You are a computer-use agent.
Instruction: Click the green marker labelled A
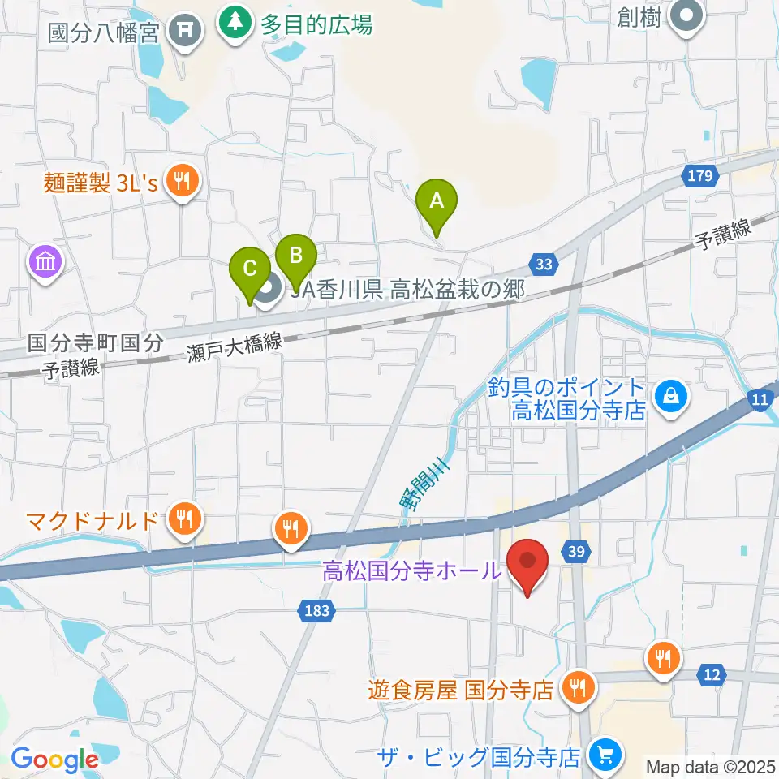(x=437, y=200)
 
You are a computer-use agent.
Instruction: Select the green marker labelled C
(x=250, y=269)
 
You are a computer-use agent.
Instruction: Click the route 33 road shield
(x=544, y=263)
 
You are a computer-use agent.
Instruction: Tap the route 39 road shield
(x=576, y=552)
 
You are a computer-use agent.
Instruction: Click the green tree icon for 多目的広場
(x=235, y=24)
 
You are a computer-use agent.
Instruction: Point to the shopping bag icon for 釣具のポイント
(x=673, y=397)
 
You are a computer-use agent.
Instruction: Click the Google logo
(x=54, y=760)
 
